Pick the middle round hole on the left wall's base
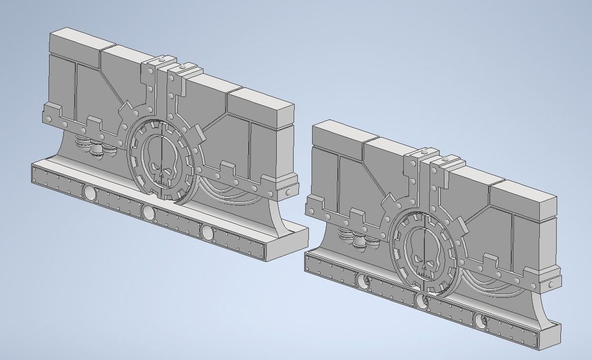149,213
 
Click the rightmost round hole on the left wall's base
207,232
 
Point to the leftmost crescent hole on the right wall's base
363,281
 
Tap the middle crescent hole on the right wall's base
421,301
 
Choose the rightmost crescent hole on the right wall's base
480,320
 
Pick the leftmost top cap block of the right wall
337,134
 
